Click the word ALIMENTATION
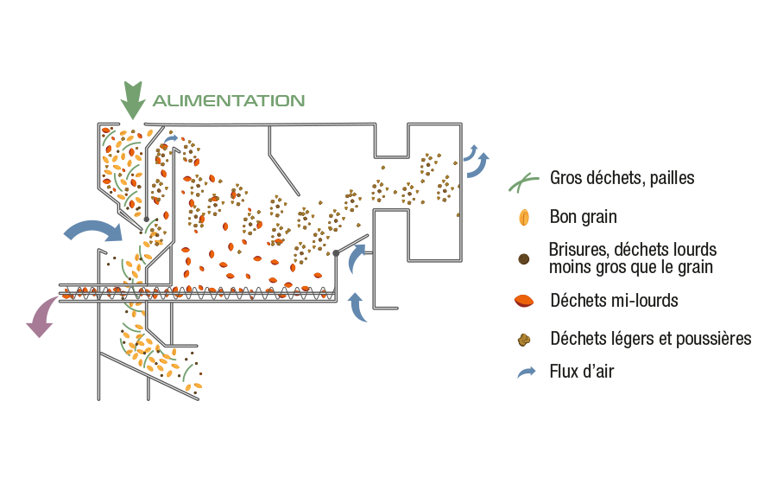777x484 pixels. point(228,100)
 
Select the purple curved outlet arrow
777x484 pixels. point(41,316)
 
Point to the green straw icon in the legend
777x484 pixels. point(522,180)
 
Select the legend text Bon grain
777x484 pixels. point(583,217)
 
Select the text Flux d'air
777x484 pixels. point(582,373)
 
